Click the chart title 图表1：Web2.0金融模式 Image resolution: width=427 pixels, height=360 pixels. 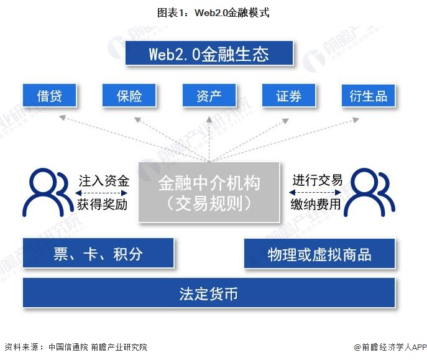(213, 12)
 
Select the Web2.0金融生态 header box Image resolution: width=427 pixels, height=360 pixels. (209, 53)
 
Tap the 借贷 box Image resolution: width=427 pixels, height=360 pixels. (50, 96)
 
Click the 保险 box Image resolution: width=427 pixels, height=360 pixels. (129, 96)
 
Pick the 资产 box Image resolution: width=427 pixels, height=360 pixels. (209, 96)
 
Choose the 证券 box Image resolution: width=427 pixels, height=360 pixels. (289, 96)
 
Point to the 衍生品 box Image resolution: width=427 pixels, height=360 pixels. (369, 96)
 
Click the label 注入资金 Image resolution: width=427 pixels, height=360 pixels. (103, 181)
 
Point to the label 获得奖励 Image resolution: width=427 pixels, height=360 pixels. (103, 204)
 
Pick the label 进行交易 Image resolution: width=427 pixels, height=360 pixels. (317, 181)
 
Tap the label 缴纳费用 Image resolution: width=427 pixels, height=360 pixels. (317, 204)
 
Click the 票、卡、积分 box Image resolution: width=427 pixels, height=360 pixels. (98, 254)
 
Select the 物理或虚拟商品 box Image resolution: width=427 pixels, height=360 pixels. (319, 254)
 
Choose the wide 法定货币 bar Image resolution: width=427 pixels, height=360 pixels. (209, 293)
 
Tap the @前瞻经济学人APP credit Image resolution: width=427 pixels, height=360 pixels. (389, 347)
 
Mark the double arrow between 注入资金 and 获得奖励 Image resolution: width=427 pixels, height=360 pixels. (103, 193)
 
